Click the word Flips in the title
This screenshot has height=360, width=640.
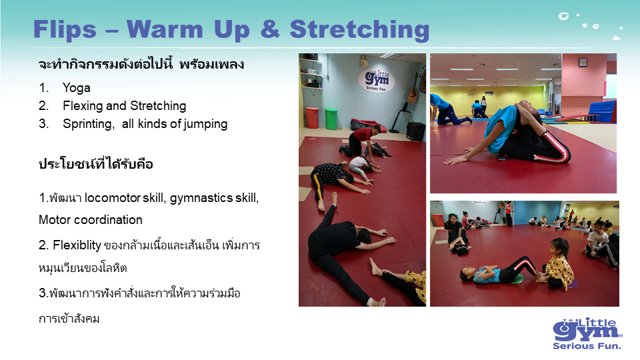pos(65,29)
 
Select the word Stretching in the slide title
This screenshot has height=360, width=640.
pos(359,30)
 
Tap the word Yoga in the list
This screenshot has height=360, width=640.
pos(77,88)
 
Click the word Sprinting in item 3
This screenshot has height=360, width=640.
pos(89,124)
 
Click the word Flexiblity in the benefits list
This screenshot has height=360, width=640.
pos(77,245)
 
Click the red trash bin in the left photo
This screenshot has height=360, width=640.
pos(312,117)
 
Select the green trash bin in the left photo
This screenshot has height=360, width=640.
pos(331,119)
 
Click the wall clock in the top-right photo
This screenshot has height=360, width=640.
pos(583,62)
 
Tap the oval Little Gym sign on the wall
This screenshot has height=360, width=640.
pos(376,81)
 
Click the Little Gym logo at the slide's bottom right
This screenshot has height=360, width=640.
pos(587,333)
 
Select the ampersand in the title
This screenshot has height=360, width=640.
pos(270,29)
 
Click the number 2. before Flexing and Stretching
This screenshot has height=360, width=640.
pos(44,106)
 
